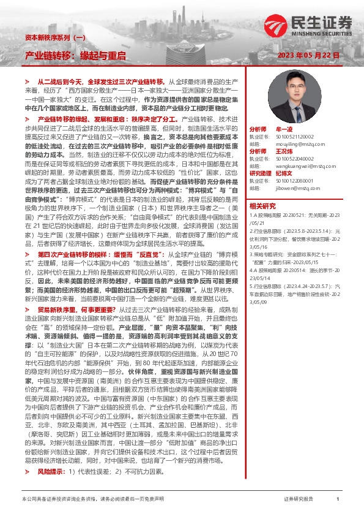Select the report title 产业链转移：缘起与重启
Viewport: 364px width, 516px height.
point(75,55)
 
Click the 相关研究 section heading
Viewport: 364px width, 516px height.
point(262,206)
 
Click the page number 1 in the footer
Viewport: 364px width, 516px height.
point(337,499)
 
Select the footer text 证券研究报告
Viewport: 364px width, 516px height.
point(299,499)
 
